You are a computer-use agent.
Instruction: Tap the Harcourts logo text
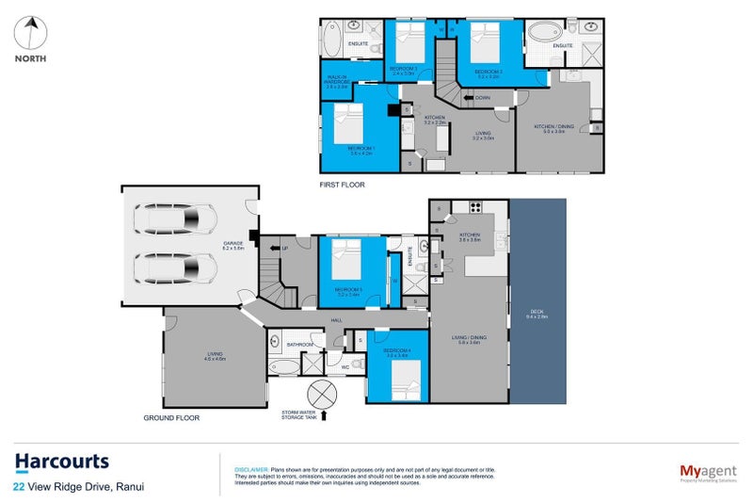[x=62, y=462]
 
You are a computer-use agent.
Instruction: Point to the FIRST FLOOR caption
[x=342, y=185]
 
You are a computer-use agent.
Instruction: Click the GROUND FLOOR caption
[x=170, y=416]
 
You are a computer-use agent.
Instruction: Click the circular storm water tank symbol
[x=321, y=393]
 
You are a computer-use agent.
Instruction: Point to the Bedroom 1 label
[x=360, y=150]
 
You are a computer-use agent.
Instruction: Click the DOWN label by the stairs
[x=482, y=97]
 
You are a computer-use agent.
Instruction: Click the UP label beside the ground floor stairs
[x=285, y=249]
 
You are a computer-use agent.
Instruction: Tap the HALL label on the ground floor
[x=336, y=320]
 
